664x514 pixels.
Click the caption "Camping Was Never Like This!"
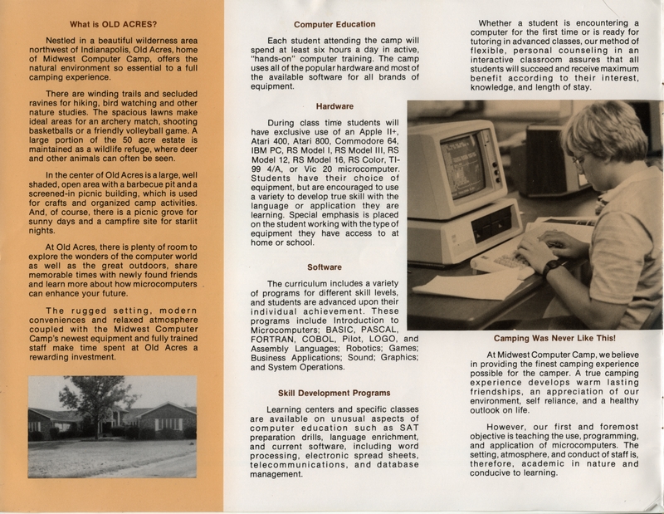554,339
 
